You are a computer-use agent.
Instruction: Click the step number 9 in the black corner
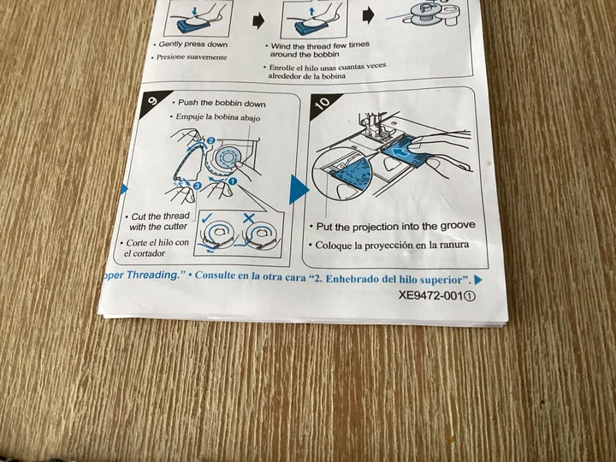[x=152, y=100]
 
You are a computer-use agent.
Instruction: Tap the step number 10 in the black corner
[x=323, y=103]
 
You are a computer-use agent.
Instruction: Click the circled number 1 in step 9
[x=233, y=181]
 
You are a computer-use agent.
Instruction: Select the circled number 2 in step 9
[x=210, y=140]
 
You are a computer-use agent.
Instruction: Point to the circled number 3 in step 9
[x=198, y=186]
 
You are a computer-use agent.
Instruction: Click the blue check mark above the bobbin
[x=208, y=217]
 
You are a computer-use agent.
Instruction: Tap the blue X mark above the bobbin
[x=249, y=218]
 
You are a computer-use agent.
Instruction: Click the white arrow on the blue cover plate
[x=400, y=152]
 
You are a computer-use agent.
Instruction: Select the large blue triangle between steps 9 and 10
[x=299, y=189]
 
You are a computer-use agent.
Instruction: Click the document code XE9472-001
[x=430, y=295]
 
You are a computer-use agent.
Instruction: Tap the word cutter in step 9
[x=175, y=227]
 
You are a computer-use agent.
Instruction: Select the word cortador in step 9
[x=149, y=253]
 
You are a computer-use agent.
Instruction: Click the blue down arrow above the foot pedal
[x=195, y=12]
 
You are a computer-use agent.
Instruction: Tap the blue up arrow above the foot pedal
[x=312, y=13]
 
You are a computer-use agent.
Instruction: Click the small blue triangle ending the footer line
[x=478, y=280]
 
